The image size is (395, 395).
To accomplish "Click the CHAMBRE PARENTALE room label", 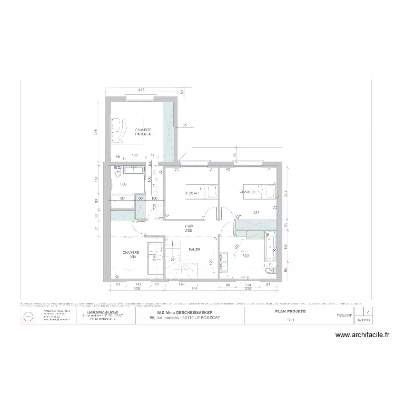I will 144,132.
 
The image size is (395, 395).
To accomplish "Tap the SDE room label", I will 123,184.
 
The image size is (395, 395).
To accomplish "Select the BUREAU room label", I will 192,193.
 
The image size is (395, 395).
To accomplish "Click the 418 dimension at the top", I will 141,90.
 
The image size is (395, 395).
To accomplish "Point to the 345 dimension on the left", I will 96,132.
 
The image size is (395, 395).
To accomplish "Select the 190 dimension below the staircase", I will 181,285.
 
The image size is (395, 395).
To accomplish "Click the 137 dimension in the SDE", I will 122,198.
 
